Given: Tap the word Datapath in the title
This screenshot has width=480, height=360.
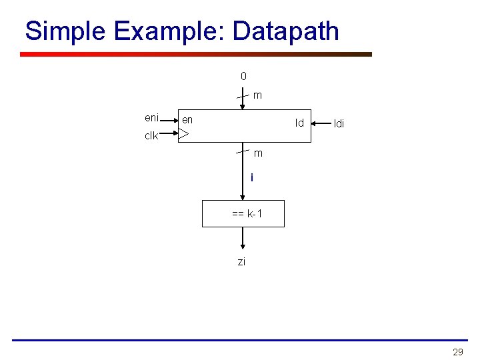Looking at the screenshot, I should tap(286, 31).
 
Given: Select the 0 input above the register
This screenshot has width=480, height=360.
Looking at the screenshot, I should tap(243, 76).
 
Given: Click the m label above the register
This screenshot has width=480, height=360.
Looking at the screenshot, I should tap(257, 95).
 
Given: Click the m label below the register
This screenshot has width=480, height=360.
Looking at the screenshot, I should tap(258, 153).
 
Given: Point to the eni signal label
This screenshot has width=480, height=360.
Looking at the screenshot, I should tap(152, 118).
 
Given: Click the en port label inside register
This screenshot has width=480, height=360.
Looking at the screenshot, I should tap(187, 120).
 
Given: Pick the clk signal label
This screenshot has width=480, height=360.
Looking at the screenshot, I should tap(151, 136).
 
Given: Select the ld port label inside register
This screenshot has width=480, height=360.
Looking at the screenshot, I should tap(299, 123).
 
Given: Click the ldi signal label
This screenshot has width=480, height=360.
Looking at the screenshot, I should tap(339, 124).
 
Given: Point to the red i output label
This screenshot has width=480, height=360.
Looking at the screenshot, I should tap(251, 177).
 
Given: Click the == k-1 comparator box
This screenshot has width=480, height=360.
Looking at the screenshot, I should tap(243, 214).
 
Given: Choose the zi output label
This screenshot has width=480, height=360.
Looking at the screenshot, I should tap(241, 262).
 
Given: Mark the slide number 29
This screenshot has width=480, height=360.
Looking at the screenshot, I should tap(457, 352).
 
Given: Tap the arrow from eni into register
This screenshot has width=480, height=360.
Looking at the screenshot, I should tap(169, 120).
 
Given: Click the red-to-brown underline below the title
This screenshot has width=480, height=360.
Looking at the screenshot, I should tap(196, 55).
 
